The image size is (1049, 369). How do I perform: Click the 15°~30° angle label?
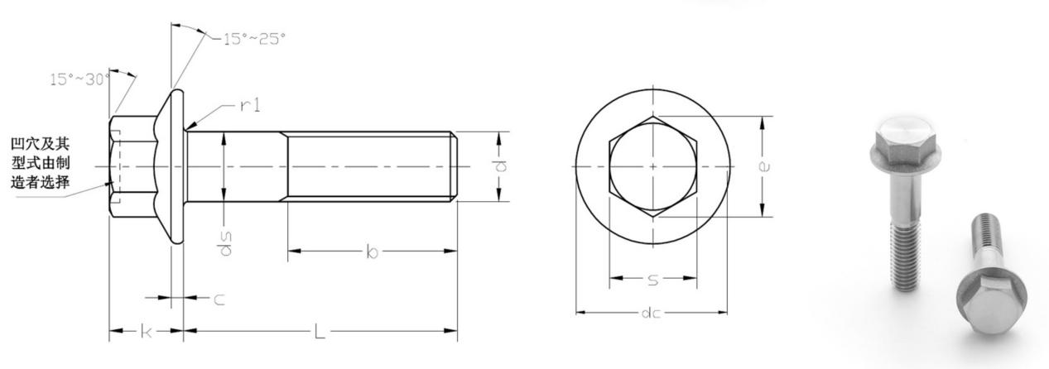[x=79, y=79]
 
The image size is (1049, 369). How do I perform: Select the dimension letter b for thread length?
[x=372, y=252]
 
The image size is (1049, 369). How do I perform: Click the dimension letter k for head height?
[x=146, y=332]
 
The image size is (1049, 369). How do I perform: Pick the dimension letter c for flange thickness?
[x=219, y=300]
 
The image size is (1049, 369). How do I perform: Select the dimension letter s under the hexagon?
[x=652, y=281]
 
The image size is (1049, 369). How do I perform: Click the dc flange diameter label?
[x=652, y=314]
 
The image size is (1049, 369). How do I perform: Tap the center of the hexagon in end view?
[x=652, y=166]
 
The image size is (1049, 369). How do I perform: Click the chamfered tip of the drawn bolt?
[x=453, y=166]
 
